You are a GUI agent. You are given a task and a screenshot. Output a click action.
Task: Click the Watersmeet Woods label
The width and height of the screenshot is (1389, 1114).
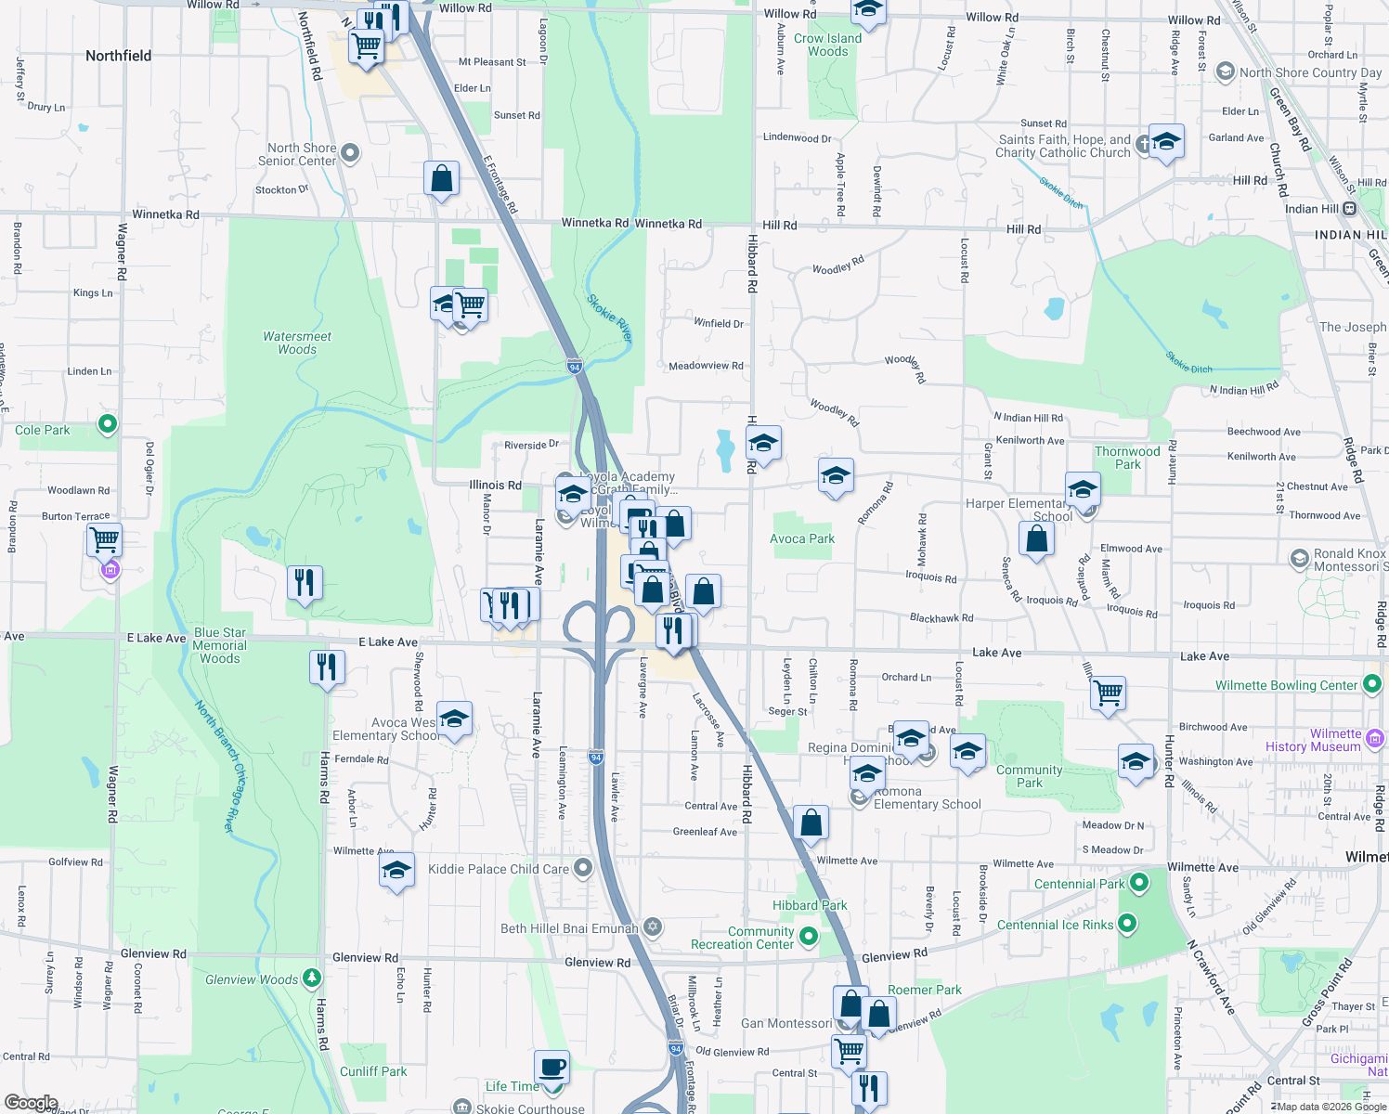(x=297, y=343)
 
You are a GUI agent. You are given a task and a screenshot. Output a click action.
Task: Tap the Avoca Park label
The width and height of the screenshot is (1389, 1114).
(x=802, y=538)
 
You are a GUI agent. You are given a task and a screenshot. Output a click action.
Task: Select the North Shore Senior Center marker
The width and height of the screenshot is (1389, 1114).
(x=350, y=152)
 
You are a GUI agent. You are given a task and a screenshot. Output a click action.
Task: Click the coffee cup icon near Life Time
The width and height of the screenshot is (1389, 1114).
(x=552, y=1068)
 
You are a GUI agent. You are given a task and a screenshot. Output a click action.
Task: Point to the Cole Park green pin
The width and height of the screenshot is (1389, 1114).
(x=108, y=424)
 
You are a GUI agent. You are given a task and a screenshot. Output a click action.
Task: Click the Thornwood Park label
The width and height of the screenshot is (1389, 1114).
(x=1127, y=458)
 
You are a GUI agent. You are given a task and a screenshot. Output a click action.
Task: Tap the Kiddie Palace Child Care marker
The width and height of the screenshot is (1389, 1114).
(x=583, y=868)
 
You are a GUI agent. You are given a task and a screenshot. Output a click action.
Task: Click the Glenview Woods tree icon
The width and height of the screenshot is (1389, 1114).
(x=312, y=978)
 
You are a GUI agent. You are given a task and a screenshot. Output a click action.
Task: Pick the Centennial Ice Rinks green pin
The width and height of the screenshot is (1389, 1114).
(x=1127, y=924)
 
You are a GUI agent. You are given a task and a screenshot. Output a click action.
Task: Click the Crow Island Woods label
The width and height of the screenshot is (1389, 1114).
(x=827, y=45)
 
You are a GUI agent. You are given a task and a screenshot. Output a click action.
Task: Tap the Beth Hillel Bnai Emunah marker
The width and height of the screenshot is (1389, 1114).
(x=653, y=927)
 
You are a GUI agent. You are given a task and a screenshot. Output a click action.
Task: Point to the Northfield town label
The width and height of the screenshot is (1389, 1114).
(x=118, y=56)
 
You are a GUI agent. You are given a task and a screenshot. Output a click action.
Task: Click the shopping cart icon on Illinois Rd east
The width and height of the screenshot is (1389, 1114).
(x=1109, y=692)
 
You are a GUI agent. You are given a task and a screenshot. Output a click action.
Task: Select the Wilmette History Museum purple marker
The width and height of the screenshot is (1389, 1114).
(x=1375, y=739)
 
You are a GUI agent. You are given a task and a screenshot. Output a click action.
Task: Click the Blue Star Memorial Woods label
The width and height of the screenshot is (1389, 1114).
(x=220, y=645)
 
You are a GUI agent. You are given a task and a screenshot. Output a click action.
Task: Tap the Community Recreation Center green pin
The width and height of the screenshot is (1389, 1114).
(x=809, y=937)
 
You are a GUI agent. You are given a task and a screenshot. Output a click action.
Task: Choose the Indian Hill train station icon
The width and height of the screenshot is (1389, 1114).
(x=1350, y=209)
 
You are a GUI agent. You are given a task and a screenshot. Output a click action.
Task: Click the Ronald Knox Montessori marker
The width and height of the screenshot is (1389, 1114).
(x=1300, y=559)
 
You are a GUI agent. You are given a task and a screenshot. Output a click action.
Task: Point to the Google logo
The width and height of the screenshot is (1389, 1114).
(x=31, y=1103)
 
